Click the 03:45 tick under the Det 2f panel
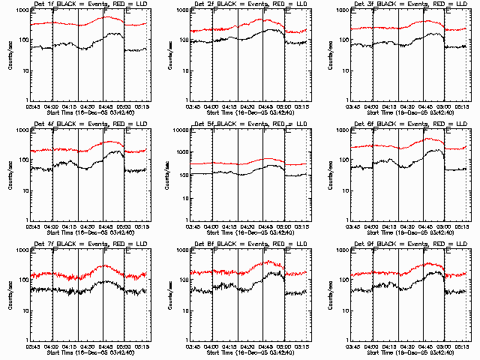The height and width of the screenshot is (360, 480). [x=193, y=106]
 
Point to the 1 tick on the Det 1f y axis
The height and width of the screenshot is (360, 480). [x=28, y=100]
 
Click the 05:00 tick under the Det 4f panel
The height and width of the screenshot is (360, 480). [x=124, y=226]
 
